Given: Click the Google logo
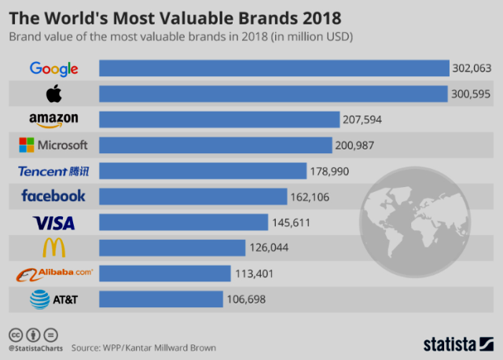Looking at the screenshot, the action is point(54,68).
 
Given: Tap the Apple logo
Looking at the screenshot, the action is point(54,94).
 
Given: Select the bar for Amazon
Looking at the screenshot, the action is point(219,119).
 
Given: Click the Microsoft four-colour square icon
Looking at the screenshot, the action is point(26,145).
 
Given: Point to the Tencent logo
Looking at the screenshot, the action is point(53,171).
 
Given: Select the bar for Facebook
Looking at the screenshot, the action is point(193,197).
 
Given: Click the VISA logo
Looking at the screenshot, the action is point(54,223).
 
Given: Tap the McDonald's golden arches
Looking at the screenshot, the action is point(54,248).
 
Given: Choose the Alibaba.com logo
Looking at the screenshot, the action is point(54,274).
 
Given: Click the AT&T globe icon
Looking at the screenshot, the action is point(40,299).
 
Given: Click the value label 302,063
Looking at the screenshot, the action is point(472,68).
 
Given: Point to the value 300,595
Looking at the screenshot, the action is point(471,94).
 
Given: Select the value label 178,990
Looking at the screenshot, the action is point(329,171).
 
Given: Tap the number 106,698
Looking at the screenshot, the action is point(246,299).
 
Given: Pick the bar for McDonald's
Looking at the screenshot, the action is point(172,248).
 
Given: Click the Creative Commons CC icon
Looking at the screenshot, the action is point(16,336).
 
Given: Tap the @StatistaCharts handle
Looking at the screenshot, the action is point(35,348).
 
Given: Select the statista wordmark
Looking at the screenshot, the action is point(450,344).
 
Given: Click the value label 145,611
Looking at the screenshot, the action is point(292,222).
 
